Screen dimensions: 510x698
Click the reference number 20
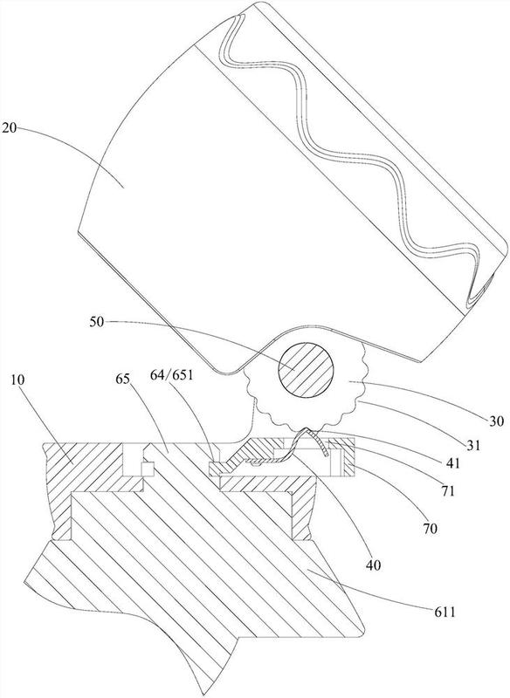9,128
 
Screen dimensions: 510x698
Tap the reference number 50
97,322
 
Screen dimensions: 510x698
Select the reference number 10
17,380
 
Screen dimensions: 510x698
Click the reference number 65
123,380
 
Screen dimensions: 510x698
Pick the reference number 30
495,421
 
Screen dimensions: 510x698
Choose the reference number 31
473,445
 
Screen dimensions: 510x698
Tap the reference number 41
454,463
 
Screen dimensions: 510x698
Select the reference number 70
430,529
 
